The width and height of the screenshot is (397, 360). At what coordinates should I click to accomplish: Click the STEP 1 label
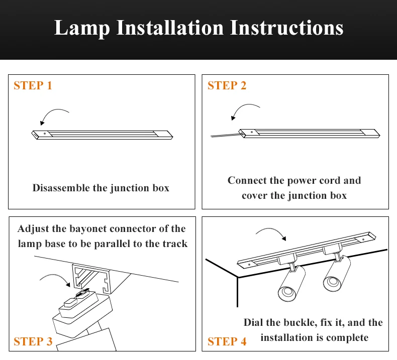(33, 85)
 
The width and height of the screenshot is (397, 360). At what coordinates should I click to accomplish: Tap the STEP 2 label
(227, 85)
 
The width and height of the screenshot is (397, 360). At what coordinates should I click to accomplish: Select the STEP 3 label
(33, 342)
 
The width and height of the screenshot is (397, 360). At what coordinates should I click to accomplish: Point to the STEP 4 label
(227, 342)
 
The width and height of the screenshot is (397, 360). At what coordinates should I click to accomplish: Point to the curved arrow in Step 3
(56, 278)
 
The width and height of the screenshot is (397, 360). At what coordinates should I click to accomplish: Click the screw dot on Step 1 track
(45, 134)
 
